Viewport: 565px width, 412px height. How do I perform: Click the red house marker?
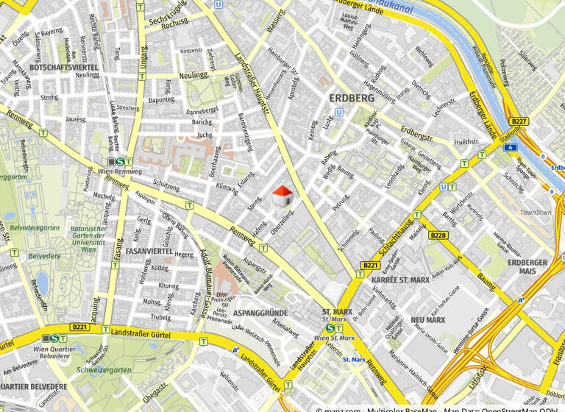[282, 196]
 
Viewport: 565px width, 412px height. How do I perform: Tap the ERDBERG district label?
[352, 97]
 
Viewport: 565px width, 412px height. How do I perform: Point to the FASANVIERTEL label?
[149, 251]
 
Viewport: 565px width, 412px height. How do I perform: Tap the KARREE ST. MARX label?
[400, 280]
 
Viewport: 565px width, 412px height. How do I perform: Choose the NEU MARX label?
[427, 320]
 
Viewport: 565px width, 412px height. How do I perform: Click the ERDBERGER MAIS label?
[527, 266]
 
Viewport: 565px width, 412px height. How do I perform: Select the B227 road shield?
[519, 121]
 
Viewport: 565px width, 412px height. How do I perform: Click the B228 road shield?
[438, 235]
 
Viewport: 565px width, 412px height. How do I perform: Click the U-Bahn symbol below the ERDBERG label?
[338, 113]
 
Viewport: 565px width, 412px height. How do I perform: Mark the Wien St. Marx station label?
[335, 338]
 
